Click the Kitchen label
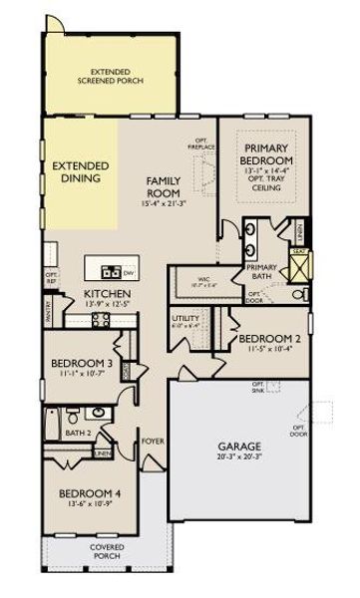(x=106, y=294)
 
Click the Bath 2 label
(x=78, y=433)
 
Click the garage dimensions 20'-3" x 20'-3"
(x=240, y=457)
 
